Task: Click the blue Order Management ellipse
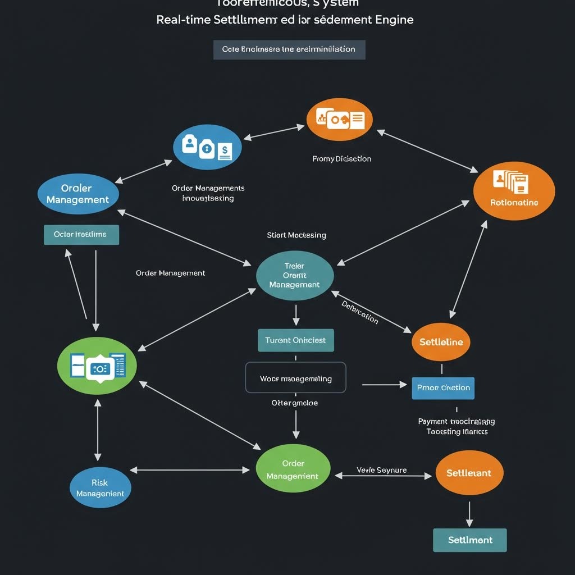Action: click(77, 194)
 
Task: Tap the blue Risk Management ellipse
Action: click(100, 487)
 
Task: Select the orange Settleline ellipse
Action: click(441, 341)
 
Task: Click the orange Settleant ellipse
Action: click(469, 473)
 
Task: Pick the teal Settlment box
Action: click(470, 540)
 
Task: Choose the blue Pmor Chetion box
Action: click(443, 387)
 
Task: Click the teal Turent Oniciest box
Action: click(295, 340)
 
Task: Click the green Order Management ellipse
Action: click(293, 469)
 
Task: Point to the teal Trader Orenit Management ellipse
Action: click(295, 275)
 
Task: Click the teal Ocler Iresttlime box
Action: click(81, 234)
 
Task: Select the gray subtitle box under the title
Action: click(289, 49)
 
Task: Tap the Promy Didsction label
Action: click(341, 159)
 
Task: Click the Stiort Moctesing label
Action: click(296, 235)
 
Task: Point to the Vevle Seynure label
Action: click(382, 470)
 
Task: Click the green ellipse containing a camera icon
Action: click(97, 366)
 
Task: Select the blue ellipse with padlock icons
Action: click(207, 147)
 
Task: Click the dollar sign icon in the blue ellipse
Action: click(225, 149)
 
